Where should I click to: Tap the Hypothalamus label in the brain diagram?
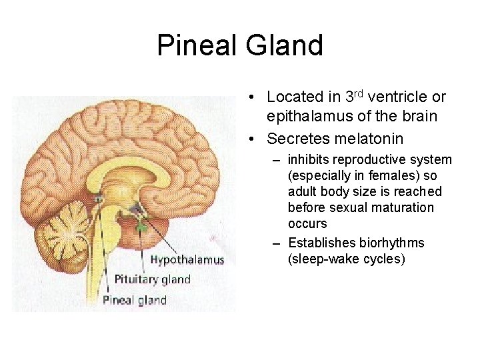tap(187, 259)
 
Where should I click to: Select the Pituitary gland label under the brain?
tap(153, 279)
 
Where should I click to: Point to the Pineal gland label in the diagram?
tap(134, 300)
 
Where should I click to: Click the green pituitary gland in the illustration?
tap(141, 227)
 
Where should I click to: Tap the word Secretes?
tap(299, 139)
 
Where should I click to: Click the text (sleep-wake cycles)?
tap(346, 259)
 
